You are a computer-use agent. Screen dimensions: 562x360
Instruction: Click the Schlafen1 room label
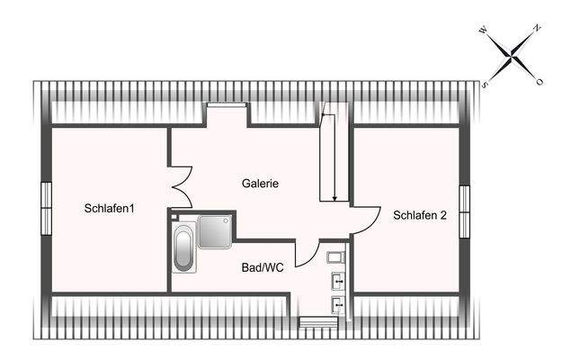click(110, 208)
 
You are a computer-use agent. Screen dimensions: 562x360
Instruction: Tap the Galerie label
click(260, 184)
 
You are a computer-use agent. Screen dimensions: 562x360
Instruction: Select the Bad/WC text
click(263, 267)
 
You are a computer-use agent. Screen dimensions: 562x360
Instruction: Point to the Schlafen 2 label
click(420, 215)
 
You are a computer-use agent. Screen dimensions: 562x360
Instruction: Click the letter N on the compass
click(537, 28)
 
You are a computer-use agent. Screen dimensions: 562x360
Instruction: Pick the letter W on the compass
click(483, 31)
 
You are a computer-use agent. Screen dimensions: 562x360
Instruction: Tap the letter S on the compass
click(485, 85)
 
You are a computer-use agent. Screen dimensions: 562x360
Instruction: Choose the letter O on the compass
click(540, 82)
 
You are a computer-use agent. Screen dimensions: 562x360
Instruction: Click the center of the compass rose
click(511, 56)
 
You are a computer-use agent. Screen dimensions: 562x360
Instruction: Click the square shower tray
click(216, 231)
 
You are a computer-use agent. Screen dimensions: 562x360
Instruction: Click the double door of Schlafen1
click(182, 187)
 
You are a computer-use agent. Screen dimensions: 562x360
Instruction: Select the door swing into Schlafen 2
click(367, 220)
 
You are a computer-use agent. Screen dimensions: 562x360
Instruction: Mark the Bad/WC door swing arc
click(307, 254)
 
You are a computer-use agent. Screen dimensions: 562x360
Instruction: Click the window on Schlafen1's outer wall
click(46, 208)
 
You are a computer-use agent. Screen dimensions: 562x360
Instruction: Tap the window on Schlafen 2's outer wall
click(465, 211)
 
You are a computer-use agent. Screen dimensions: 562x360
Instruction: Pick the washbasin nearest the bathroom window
click(338, 305)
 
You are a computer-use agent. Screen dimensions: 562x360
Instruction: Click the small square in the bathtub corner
click(174, 217)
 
